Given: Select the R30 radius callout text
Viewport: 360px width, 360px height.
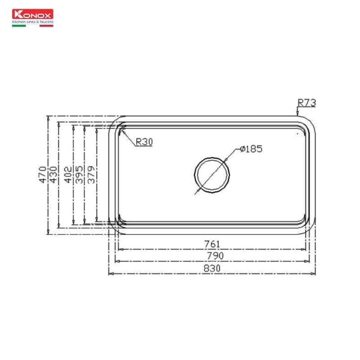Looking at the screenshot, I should point(144,142).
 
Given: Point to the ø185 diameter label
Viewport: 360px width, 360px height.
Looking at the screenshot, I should point(251,149).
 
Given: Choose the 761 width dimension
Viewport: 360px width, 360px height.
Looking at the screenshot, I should point(212,244).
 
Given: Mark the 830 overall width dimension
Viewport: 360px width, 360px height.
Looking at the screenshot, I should point(212,268).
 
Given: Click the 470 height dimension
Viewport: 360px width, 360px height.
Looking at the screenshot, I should point(42,174).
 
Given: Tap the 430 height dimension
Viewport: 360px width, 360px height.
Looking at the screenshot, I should point(53,174).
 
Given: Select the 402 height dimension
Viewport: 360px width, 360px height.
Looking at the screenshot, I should point(67,174).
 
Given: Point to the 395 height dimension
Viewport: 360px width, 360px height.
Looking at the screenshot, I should point(79,174).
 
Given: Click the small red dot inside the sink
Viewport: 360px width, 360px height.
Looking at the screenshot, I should point(297,134).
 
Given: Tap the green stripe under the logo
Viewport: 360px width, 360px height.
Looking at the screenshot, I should point(18,25).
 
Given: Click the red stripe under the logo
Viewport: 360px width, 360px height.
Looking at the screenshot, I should point(46,25).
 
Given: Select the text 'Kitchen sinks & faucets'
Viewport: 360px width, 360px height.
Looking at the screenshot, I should point(32,21).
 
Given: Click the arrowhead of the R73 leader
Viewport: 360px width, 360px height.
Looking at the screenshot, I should point(297,113).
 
